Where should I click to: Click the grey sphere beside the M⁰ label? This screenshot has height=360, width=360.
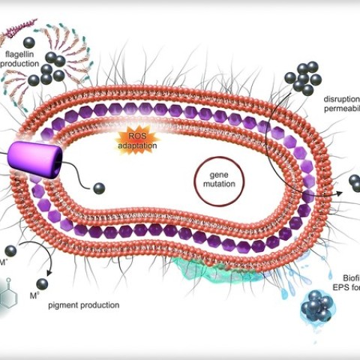tap(43, 283)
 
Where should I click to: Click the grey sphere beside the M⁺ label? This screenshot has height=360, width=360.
tap(10, 251)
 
